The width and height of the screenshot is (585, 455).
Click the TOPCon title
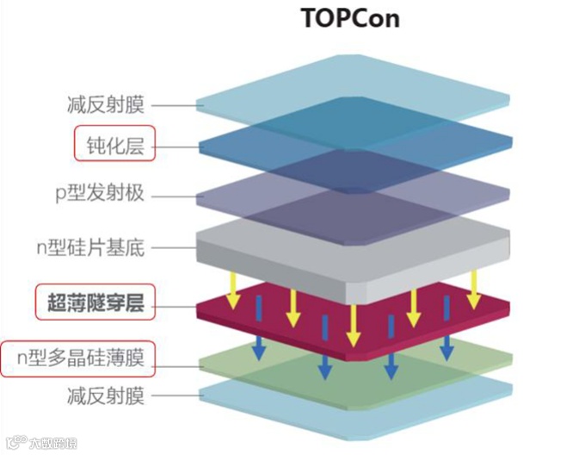click(351, 18)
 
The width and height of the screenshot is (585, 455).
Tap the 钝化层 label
click(114, 144)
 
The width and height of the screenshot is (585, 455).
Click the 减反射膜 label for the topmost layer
click(106, 106)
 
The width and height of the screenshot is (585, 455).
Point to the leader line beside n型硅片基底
click(175, 249)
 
